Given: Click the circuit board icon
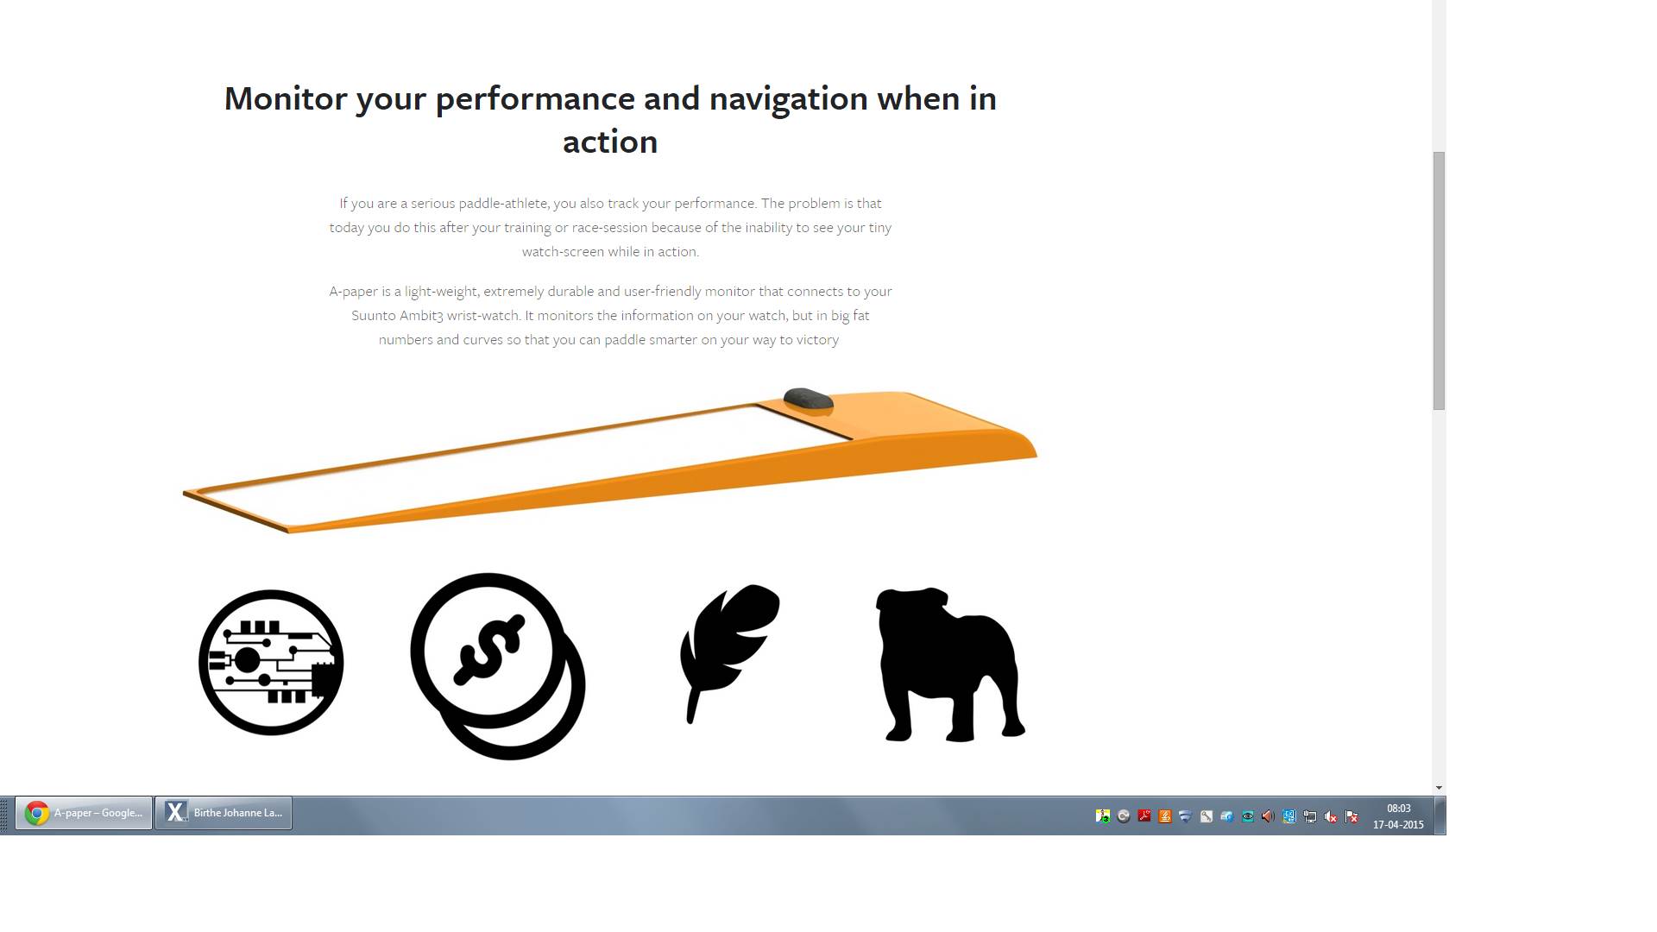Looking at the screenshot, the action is click(271, 663).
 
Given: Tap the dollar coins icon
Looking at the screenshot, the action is click(498, 666).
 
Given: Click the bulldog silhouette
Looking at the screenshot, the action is click(950, 664).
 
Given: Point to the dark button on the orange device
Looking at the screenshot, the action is click(808, 400).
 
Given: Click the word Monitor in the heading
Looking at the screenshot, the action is click(285, 98).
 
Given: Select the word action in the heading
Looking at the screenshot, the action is click(610, 142).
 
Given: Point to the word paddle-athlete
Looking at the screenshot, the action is click(503, 204).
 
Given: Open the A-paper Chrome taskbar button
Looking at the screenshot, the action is click(84, 813).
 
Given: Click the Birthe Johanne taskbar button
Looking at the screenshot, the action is click(224, 813).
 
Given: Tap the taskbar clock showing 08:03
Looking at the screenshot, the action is click(1399, 809).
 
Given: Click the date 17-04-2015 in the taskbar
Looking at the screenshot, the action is click(1398, 825).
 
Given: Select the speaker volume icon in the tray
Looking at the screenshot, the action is click(1268, 816).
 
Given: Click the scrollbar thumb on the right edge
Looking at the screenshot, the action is click(1439, 280).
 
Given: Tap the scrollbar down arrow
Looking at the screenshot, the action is click(1439, 788).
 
